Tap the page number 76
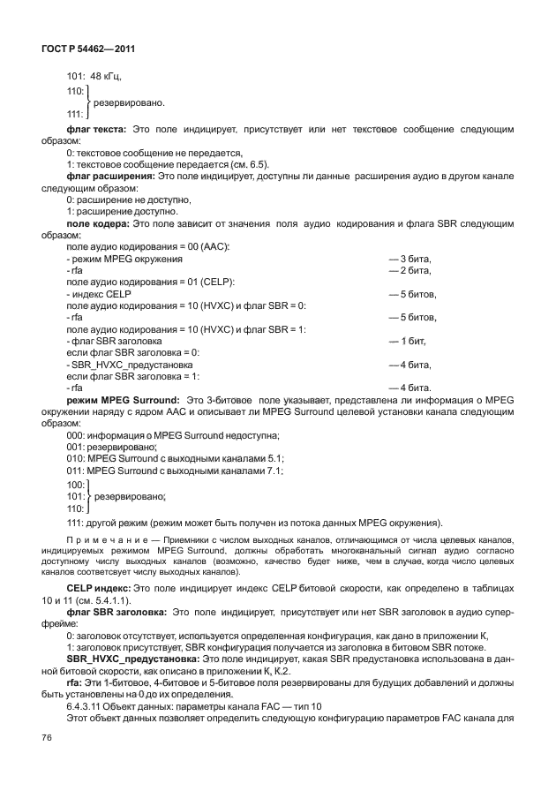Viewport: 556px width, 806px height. [46, 761]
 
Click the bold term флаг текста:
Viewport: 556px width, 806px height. [95, 130]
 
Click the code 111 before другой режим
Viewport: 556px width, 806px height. [75, 521]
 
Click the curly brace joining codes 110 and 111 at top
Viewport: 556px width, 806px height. [87, 102]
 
